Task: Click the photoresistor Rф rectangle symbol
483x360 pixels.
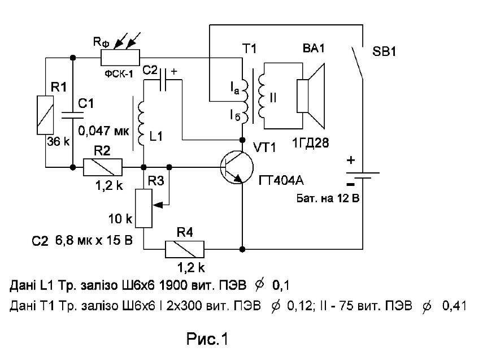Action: [120, 57]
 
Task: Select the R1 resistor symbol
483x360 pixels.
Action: [45, 115]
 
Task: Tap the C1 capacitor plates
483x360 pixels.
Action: [73, 115]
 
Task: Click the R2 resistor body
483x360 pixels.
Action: [103, 167]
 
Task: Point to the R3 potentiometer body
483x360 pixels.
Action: [143, 209]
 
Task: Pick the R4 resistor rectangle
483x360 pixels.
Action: [185, 249]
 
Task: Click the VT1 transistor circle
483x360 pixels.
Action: [237, 167]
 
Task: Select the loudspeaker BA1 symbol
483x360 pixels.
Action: [311, 96]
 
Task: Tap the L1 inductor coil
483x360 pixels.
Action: [141, 123]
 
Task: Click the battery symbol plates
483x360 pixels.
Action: [363, 175]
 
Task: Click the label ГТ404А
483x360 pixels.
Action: [281, 180]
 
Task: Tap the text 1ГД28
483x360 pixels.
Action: [310, 143]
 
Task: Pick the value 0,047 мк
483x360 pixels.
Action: [103, 131]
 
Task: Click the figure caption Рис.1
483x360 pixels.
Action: [207, 339]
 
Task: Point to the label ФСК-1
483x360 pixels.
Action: [119, 74]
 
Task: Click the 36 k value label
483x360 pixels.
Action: [59, 141]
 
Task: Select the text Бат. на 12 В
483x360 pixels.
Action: [328, 198]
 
